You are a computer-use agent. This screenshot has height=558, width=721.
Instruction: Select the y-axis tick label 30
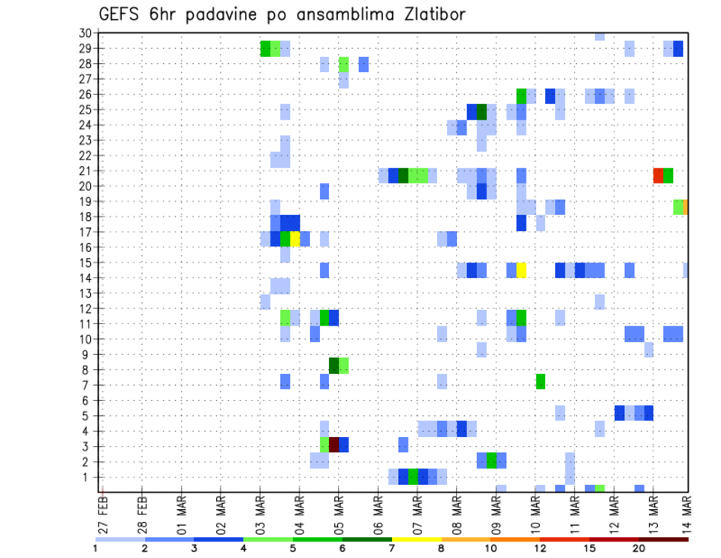[x=85, y=33]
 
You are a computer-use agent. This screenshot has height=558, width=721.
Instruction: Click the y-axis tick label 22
[x=85, y=156]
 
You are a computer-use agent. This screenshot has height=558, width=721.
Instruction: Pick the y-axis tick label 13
[x=85, y=293]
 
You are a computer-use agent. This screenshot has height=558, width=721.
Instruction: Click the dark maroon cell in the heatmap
[x=334, y=444]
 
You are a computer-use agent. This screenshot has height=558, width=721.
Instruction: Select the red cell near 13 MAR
[x=658, y=175]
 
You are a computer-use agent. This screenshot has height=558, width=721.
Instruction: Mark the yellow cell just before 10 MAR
[x=521, y=270]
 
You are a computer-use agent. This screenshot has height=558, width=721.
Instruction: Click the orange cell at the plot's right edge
[x=686, y=206]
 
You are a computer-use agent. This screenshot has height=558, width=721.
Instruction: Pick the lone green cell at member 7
[x=541, y=381]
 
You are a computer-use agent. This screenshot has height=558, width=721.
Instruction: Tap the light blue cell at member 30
[x=599, y=36]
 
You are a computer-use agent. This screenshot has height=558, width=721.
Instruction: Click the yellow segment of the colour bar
[x=417, y=539]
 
